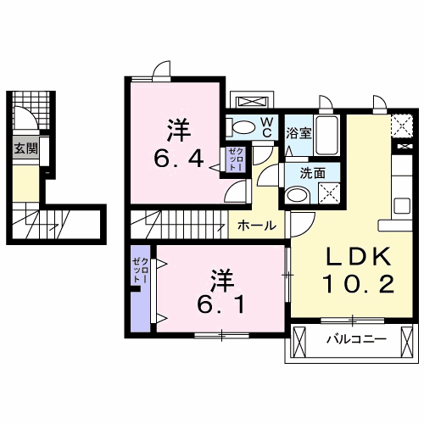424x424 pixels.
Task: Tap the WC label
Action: pyautogui.click(x=265, y=127)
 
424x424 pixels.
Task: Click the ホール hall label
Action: pyautogui.click(x=255, y=226)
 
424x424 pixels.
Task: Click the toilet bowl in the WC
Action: pyautogui.click(x=243, y=128)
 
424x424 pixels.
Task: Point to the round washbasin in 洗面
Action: pyautogui.click(x=296, y=195)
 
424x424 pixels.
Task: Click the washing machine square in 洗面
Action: pyautogui.click(x=328, y=193)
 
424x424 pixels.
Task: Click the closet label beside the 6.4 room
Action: pyautogui.click(x=235, y=159)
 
